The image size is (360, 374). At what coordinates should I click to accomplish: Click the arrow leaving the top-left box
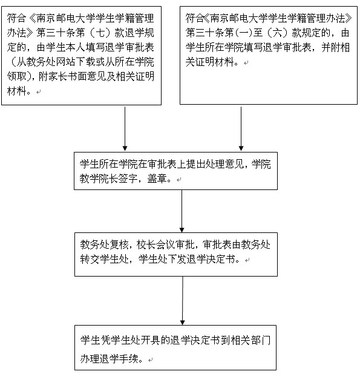click(125, 128)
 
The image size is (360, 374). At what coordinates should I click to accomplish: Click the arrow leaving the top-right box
click(241, 128)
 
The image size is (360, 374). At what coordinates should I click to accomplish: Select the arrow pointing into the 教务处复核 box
click(182, 211)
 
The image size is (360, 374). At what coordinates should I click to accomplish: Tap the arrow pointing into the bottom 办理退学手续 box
click(183, 301)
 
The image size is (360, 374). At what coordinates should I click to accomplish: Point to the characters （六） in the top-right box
click(277, 33)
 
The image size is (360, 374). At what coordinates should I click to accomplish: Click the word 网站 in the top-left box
click(65, 62)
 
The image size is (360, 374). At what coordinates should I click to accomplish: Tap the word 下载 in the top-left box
click(85, 62)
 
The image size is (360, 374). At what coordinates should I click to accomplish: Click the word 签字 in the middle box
click(128, 178)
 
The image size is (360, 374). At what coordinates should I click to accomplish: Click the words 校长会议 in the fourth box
click(155, 244)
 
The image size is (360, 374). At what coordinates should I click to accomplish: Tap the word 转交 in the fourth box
click(90, 259)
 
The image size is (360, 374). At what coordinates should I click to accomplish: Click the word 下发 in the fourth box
click(177, 259)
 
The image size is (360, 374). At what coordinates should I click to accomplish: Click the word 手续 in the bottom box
click(129, 358)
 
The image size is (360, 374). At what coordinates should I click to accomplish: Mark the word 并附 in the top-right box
click(331, 47)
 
